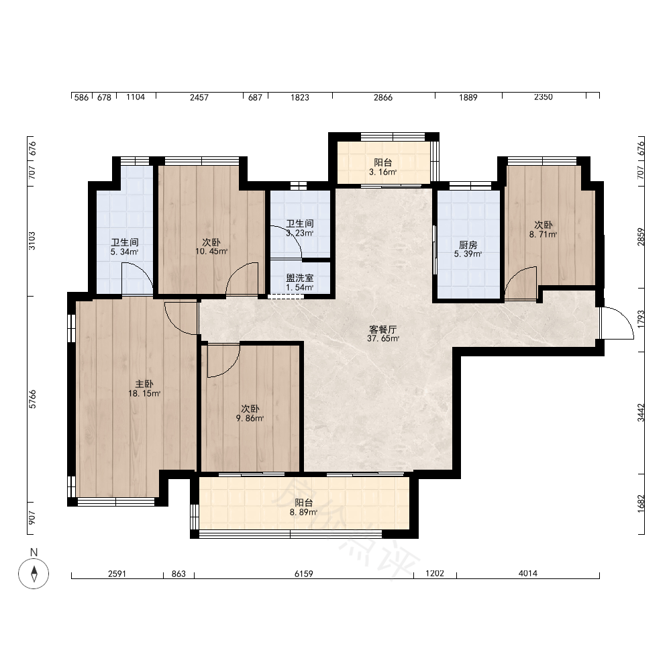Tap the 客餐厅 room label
coord(383,333)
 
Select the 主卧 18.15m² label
coord(144,389)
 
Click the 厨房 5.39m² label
coord(468,249)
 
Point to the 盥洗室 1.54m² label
coord(299,282)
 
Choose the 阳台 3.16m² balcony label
coord(383,167)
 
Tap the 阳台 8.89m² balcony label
coord(303,507)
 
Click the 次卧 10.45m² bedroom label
coord(211,246)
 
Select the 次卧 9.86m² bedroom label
coord(250,413)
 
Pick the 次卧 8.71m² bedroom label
coord(543,229)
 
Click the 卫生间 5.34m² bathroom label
coord(125,247)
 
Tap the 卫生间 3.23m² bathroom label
coord(299,228)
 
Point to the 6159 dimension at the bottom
coord(304,574)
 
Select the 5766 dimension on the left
coord(32,399)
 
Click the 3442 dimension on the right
coord(641,413)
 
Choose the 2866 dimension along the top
coord(383,97)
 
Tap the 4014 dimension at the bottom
coord(528,574)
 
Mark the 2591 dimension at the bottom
coord(117,574)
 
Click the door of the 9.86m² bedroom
coord(223,361)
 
